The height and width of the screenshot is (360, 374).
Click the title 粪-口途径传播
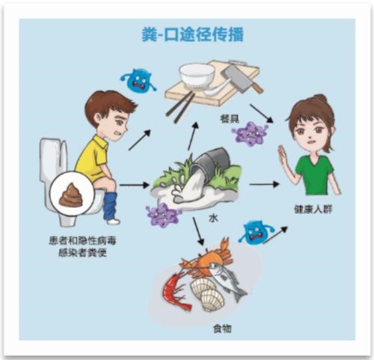[192, 34]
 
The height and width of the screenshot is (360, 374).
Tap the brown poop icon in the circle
[70, 195]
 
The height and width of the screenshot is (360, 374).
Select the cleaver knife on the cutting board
[241, 77]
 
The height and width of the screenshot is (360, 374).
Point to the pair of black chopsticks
[180, 107]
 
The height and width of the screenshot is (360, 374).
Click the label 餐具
[230, 118]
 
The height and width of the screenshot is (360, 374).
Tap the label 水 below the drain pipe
[213, 219]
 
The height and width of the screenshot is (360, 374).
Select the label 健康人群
[313, 209]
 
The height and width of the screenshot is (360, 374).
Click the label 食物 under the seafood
[222, 329]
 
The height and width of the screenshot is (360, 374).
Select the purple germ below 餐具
[250, 134]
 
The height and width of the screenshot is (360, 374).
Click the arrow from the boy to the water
[135, 185]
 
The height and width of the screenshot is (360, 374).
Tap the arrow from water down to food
[198, 231]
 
